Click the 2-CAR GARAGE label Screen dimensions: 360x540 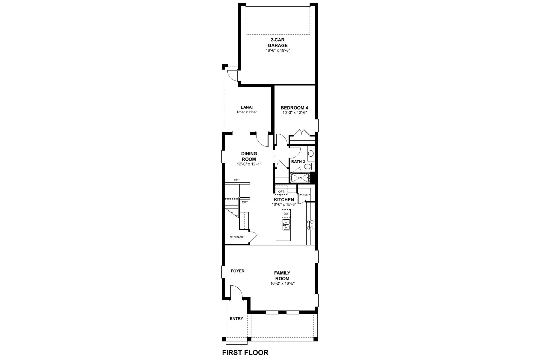(x=277, y=42)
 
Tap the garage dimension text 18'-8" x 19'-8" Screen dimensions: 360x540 (x=277, y=50)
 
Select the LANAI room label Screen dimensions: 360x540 (x=247, y=107)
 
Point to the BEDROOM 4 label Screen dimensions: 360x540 (x=294, y=108)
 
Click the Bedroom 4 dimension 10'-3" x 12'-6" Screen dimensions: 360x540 (x=294, y=113)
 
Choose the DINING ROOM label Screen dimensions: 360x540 (x=249, y=156)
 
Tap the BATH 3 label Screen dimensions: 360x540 (x=298, y=162)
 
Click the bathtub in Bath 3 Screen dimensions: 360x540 (x=300, y=178)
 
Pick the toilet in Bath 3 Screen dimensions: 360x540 (x=312, y=166)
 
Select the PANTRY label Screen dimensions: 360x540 (x=304, y=195)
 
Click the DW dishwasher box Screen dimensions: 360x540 (x=286, y=214)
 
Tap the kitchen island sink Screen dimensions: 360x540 (x=286, y=224)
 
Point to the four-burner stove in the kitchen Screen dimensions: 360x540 (x=310, y=225)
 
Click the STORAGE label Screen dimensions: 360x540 (x=237, y=237)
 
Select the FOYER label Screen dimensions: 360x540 (x=238, y=271)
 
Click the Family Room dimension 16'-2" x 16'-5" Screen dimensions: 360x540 (x=282, y=283)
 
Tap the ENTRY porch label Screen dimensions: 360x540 (x=236, y=319)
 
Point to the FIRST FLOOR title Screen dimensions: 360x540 (x=245, y=352)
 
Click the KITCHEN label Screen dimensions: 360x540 (x=284, y=199)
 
